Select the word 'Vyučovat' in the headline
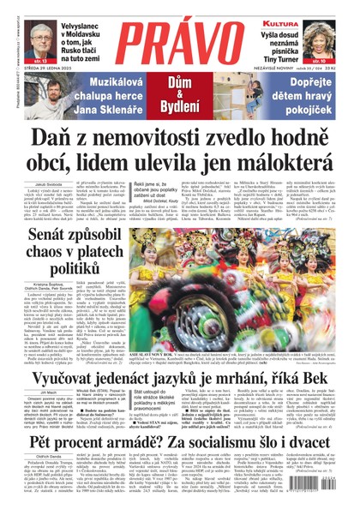[x=58, y=374]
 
